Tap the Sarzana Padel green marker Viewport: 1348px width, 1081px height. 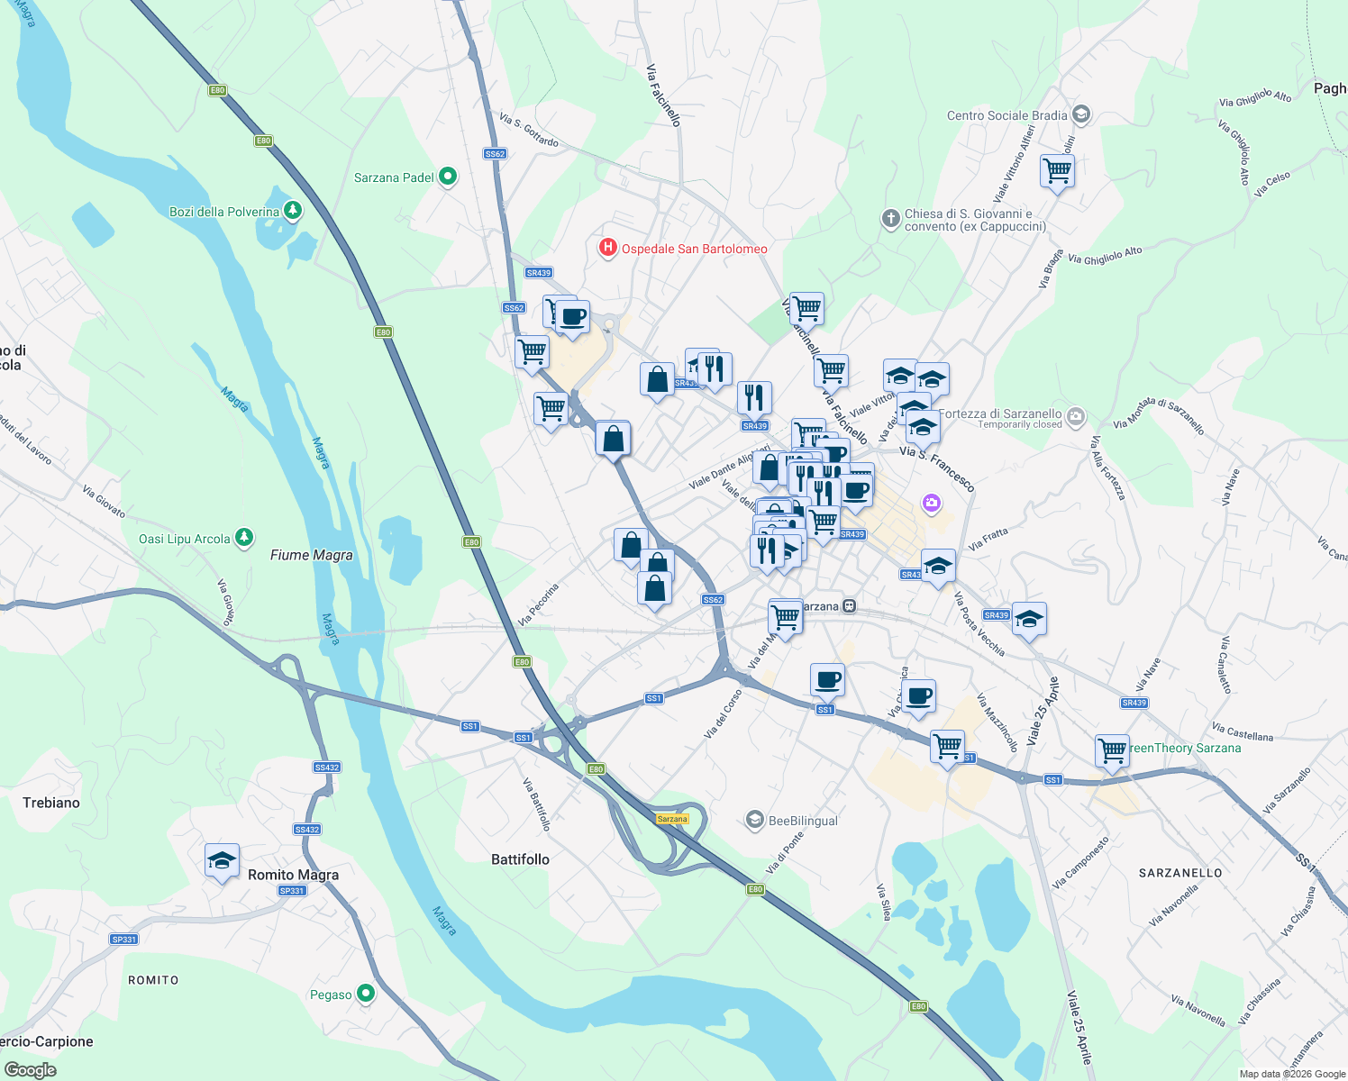click(x=448, y=177)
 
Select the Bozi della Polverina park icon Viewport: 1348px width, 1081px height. click(x=292, y=211)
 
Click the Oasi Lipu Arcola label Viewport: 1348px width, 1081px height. click(x=185, y=539)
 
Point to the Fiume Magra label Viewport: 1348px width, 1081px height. click(x=311, y=555)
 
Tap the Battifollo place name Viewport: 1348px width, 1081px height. click(x=520, y=859)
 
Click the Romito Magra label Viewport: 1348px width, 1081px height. click(x=293, y=875)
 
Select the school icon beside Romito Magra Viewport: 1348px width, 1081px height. click(x=222, y=861)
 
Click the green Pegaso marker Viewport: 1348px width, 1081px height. click(x=366, y=994)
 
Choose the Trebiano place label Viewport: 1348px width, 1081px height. click(x=51, y=803)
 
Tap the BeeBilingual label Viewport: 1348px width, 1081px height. click(x=803, y=821)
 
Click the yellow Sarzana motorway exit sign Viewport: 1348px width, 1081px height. click(x=672, y=819)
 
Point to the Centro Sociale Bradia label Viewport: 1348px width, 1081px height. click(x=1006, y=115)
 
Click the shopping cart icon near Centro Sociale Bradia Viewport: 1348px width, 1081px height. click(x=1057, y=170)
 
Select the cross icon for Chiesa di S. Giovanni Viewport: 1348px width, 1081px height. click(x=890, y=218)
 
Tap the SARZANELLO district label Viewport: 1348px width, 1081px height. click(x=1180, y=873)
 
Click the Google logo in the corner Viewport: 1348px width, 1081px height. click(x=30, y=1070)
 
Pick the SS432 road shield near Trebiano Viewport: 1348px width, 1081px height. click(x=326, y=768)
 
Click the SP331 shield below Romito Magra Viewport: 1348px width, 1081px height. click(x=292, y=891)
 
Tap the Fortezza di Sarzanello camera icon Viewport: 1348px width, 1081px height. click(x=1076, y=416)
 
